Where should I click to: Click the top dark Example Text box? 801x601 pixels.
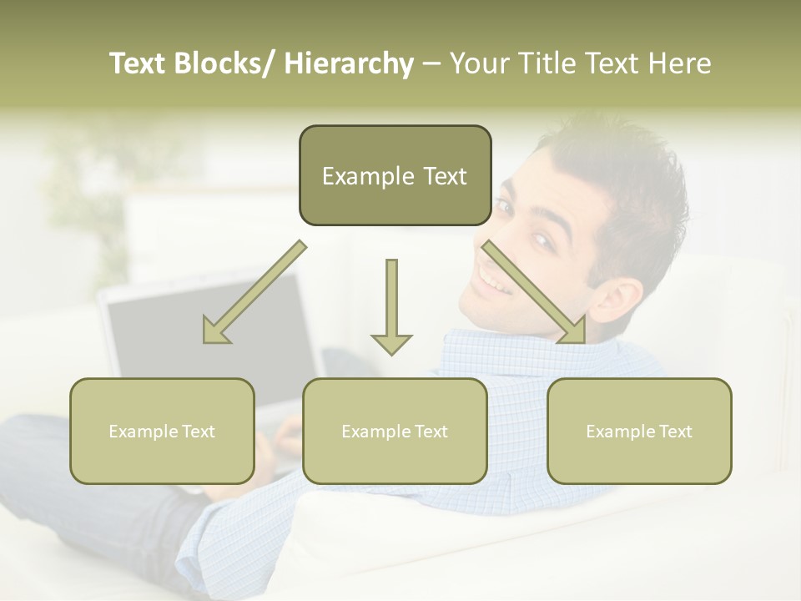pyautogui.click(x=395, y=175)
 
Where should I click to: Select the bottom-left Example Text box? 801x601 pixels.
pyautogui.click(x=162, y=431)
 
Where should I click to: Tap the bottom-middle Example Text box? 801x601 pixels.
pyautogui.click(x=395, y=431)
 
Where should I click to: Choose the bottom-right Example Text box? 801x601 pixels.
pyautogui.click(x=639, y=431)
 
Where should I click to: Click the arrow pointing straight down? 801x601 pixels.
pyautogui.click(x=391, y=306)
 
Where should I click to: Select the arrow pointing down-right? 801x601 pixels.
pyautogui.click(x=534, y=292)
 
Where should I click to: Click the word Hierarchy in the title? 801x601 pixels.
pyautogui.click(x=349, y=63)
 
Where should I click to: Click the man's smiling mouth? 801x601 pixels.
pyautogui.click(x=495, y=280)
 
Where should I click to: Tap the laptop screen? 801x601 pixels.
pyautogui.click(x=209, y=334)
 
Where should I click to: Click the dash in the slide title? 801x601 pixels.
pyautogui.click(x=431, y=64)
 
